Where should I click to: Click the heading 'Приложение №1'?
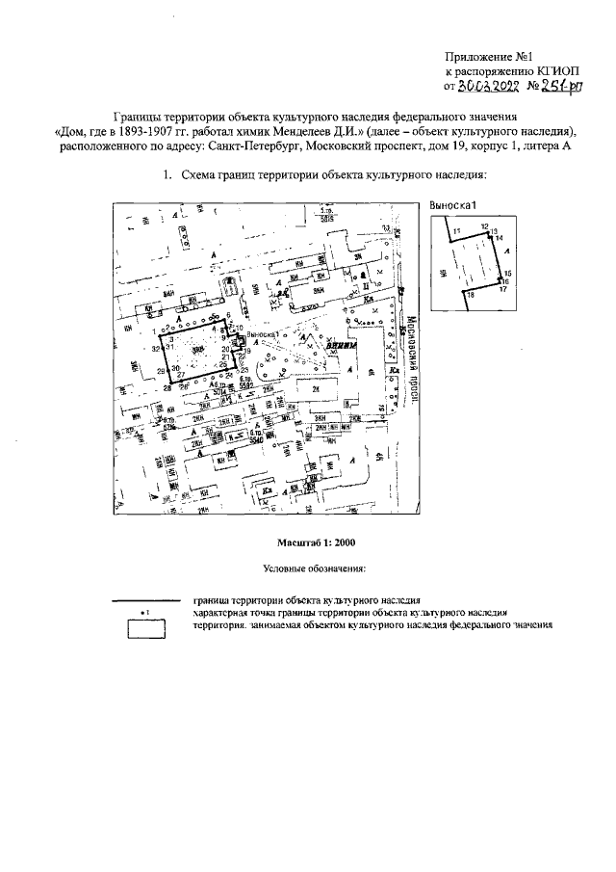pyautogui.click(x=487, y=58)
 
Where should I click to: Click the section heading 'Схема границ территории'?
pyautogui.click(x=261, y=175)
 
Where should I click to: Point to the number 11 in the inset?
pyautogui.click(x=457, y=229)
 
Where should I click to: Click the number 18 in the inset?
pyautogui.click(x=471, y=294)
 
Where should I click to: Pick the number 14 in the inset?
pyautogui.click(x=500, y=237)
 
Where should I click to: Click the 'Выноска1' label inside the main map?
pyautogui.click(x=263, y=334)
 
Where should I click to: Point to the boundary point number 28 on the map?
pyautogui.click(x=167, y=387)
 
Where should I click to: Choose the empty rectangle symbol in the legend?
pyautogui.click(x=145, y=627)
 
